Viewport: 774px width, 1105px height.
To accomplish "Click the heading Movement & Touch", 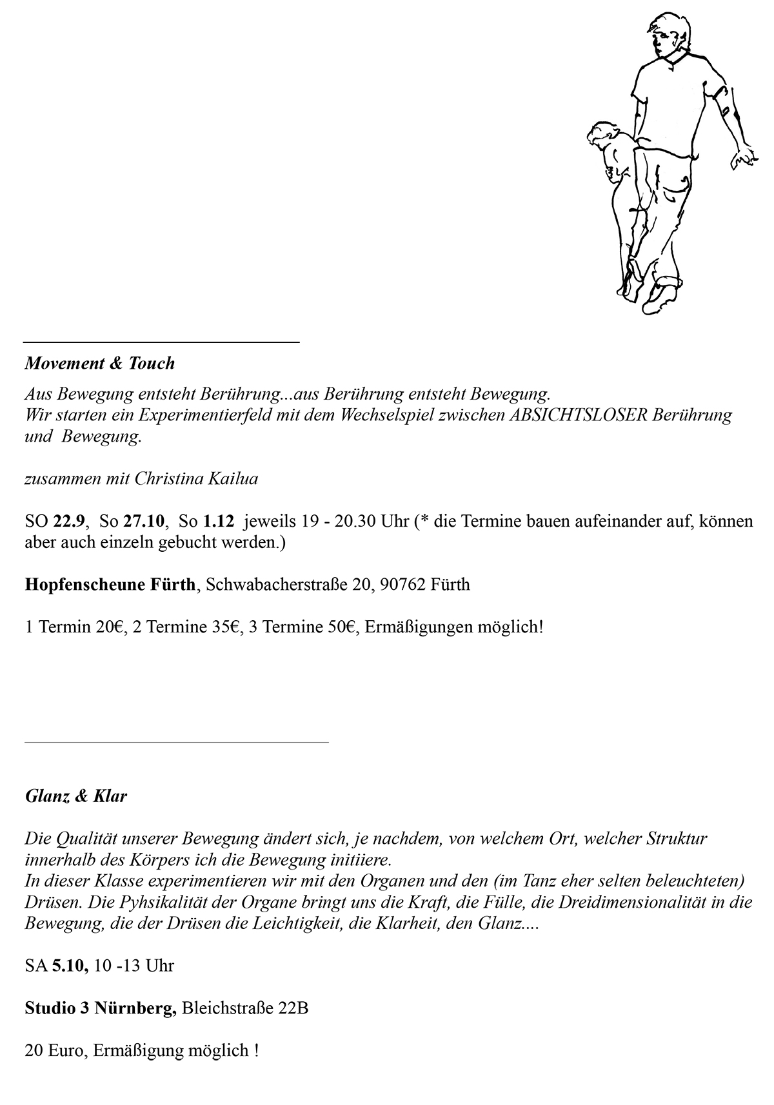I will [x=100, y=364].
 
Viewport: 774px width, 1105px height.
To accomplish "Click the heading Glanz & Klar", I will [x=76, y=796].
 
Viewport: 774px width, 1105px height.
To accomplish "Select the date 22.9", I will [x=68, y=522].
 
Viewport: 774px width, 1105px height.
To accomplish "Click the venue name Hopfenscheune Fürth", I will [x=110, y=585].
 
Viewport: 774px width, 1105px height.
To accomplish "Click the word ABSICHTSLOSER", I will [x=579, y=415].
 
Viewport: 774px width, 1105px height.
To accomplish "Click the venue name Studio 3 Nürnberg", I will [x=101, y=1008].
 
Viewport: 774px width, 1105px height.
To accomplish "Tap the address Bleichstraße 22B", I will [x=245, y=1008].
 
